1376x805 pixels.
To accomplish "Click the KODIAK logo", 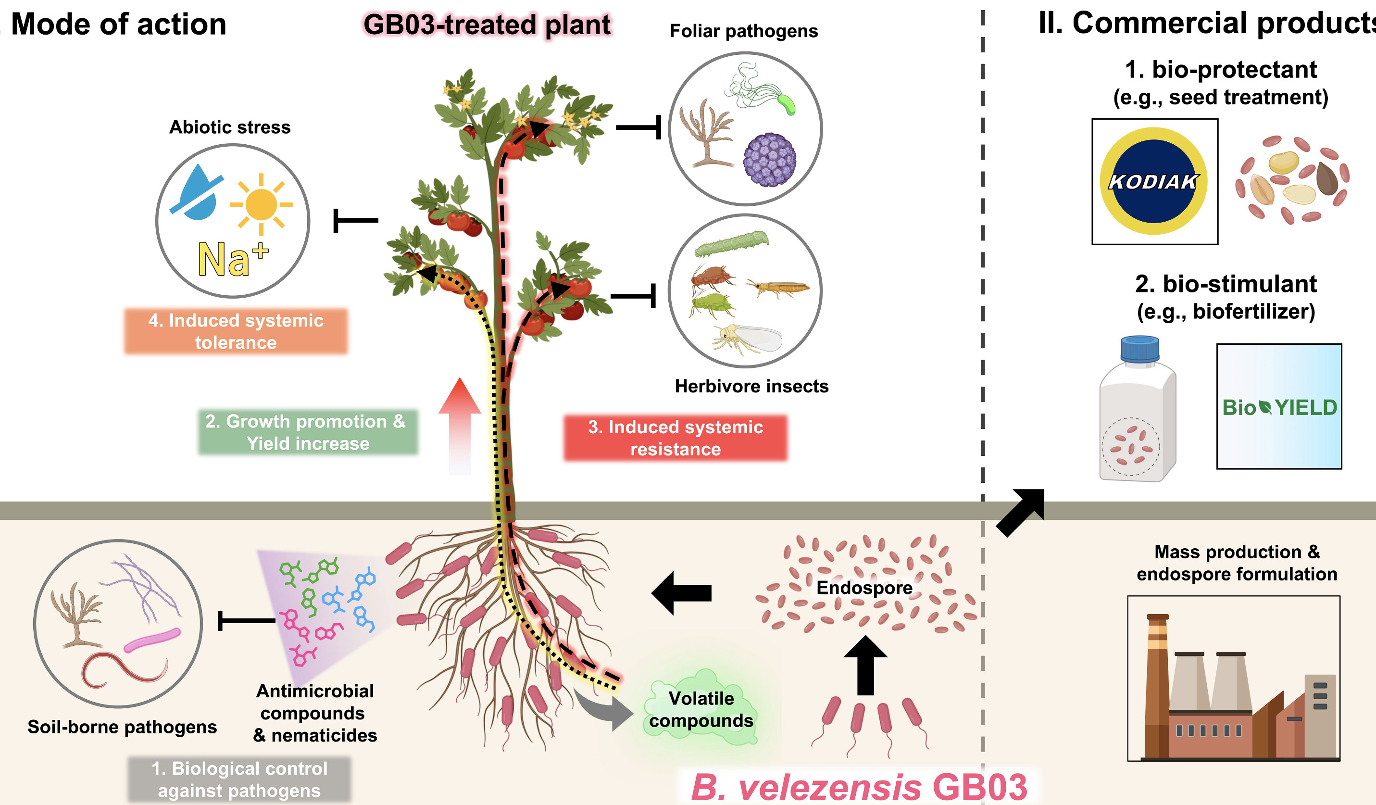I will click(1154, 181).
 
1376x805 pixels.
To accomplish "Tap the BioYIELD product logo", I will click(1279, 407).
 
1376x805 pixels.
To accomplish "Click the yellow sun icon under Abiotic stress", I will click(261, 205).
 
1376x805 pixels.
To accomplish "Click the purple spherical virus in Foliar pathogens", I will click(769, 160).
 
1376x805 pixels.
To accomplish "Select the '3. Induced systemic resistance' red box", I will click(675, 438).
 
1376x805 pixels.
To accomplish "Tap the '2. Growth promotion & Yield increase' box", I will click(307, 432).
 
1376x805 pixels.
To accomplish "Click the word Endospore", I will click(864, 588).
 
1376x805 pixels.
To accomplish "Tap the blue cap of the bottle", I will click(1139, 349).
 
